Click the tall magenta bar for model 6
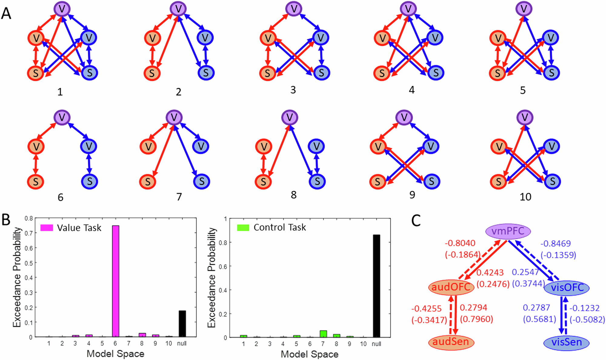point(115,281)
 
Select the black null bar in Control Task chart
point(376,286)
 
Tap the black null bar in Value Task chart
point(182,324)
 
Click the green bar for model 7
point(323,334)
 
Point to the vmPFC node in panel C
point(508,232)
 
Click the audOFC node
point(451,287)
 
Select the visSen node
point(566,342)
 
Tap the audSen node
point(451,342)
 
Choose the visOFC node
point(567,288)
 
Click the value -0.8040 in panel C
point(460,243)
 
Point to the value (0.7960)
point(476,319)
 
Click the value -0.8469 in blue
point(555,243)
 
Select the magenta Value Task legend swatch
point(47,228)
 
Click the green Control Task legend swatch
point(243,227)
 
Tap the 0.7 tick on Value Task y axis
point(29,233)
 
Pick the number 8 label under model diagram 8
point(293,195)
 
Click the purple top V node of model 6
point(62,117)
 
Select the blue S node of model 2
point(206,73)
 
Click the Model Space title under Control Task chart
point(309,354)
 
